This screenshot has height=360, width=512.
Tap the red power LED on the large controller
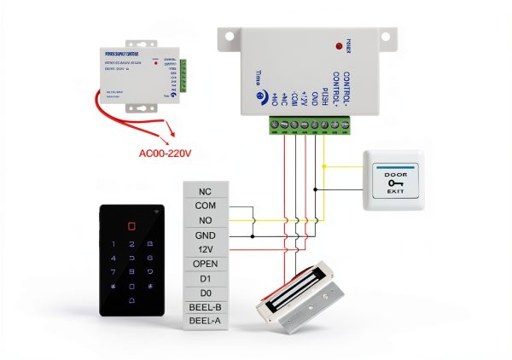339,44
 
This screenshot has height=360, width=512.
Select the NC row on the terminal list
205,192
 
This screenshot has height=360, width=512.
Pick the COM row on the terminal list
205,206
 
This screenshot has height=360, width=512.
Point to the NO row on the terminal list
205,221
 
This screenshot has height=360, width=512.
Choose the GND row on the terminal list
205,235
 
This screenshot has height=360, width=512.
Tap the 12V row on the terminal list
205,249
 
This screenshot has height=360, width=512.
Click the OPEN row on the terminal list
205,264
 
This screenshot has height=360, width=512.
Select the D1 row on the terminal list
205,278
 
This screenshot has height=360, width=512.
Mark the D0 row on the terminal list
205,293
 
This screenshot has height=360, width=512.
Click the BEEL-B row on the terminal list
205,307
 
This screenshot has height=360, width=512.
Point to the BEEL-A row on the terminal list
205,321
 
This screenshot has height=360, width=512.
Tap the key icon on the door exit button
394,182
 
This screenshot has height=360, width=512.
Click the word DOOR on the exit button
394,171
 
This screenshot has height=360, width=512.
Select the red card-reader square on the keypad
131,228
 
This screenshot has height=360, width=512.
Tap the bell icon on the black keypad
131,302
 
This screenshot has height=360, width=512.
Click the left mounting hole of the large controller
227,37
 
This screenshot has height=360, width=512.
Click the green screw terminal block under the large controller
306,126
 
